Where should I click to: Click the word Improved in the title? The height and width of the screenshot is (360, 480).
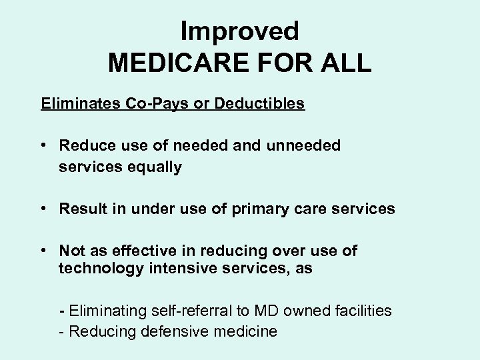[239, 30]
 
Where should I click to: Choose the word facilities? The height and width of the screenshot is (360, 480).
[361, 311]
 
